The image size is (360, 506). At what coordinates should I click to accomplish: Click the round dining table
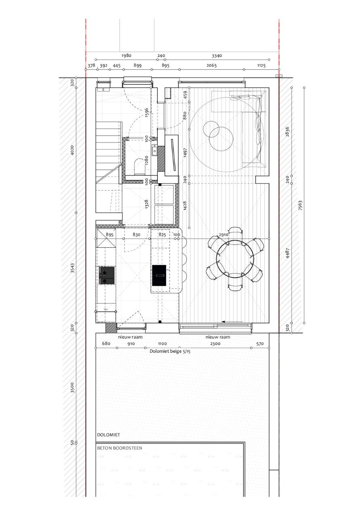[x=235, y=259]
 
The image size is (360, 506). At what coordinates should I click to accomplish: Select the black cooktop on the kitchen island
[x=159, y=275]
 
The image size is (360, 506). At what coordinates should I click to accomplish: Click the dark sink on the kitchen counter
[x=107, y=275]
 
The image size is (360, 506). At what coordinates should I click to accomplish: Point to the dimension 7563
[x=300, y=205]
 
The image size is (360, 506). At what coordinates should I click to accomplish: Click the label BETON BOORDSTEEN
[x=119, y=448]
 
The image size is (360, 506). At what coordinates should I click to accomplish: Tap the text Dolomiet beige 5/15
[x=170, y=351]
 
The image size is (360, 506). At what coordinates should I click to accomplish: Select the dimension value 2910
[x=224, y=235]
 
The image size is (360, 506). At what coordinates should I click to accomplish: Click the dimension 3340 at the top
[x=217, y=56]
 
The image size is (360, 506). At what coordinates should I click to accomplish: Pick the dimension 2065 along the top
[x=211, y=65]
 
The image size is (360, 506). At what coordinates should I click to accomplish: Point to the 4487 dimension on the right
[x=287, y=253]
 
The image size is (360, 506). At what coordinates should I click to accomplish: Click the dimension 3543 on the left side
[x=72, y=268]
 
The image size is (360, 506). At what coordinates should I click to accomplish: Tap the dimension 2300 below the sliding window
[x=215, y=343]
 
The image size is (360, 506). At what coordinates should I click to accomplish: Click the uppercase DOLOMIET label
[x=109, y=435]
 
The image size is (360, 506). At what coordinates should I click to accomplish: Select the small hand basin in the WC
[x=155, y=150]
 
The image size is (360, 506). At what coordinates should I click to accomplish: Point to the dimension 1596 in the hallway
[x=147, y=112]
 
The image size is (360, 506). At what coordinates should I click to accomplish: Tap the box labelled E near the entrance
[x=103, y=90]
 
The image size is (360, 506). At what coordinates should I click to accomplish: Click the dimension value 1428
[x=185, y=206]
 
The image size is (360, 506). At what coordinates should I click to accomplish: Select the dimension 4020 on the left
[x=72, y=150]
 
